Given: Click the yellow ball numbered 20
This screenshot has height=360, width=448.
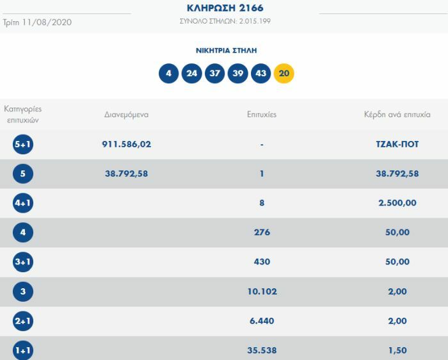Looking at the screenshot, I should [x=284, y=74].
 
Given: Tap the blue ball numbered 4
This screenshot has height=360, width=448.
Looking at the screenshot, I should [x=168, y=74].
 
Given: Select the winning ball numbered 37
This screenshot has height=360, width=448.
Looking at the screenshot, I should [x=215, y=74].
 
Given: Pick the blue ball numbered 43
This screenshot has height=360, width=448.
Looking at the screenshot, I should [x=261, y=74].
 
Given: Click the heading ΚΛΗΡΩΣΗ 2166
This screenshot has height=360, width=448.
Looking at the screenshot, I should [x=225, y=8].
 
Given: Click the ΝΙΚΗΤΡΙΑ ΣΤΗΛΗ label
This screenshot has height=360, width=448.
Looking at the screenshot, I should [x=226, y=50].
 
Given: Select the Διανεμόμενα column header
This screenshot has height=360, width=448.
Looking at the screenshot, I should [x=127, y=115].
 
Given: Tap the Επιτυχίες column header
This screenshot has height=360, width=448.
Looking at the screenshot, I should [x=262, y=115].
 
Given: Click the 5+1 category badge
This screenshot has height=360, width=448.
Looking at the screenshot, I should [x=22, y=145].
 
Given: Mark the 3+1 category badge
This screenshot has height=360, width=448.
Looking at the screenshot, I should [x=22, y=262].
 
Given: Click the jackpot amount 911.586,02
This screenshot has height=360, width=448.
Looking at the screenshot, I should [x=127, y=144].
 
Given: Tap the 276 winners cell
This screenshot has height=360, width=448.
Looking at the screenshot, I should [x=262, y=233].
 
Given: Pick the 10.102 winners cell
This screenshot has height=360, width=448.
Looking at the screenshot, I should [x=262, y=291].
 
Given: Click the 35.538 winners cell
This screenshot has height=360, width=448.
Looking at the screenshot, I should [x=262, y=350].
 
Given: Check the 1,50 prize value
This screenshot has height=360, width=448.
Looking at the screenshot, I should [x=397, y=350].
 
